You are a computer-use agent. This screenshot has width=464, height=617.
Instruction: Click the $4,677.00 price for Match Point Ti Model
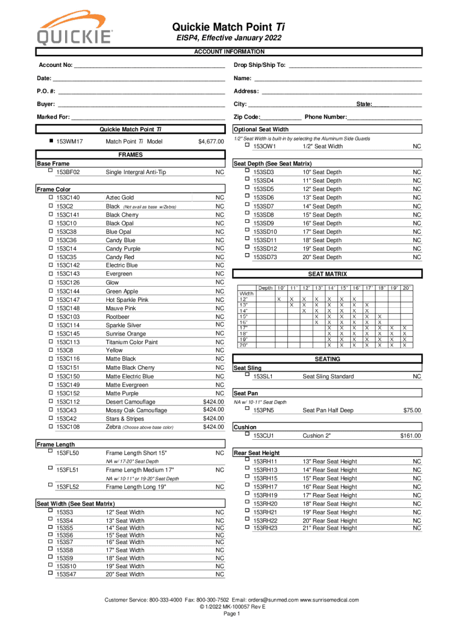[x=211, y=142]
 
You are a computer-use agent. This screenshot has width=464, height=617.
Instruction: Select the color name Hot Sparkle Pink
[x=127, y=299]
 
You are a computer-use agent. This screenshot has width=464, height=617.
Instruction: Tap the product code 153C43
[x=66, y=410]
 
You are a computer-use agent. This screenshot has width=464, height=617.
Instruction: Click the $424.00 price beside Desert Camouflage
[x=213, y=401]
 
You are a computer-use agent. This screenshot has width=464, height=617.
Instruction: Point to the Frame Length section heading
[x=56, y=444]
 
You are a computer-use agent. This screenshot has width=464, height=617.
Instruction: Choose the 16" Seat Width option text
[x=125, y=542]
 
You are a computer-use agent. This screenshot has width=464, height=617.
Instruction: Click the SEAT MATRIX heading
[x=328, y=274]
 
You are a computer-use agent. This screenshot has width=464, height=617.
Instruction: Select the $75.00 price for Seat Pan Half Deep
[x=412, y=410]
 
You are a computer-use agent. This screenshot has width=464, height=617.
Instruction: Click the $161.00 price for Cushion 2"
[x=410, y=436]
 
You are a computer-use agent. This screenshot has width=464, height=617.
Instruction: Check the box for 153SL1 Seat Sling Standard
[x=246, y=375]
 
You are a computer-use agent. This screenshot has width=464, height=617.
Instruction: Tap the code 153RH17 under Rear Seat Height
[x=265, y=487]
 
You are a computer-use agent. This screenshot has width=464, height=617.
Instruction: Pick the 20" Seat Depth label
[x=322, y=257]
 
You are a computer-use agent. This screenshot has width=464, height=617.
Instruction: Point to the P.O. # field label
[x=46, y=91]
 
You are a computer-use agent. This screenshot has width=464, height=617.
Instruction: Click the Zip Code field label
[x=247, y=117]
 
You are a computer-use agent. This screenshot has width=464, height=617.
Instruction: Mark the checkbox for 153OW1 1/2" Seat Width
[x=246, y=145]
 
